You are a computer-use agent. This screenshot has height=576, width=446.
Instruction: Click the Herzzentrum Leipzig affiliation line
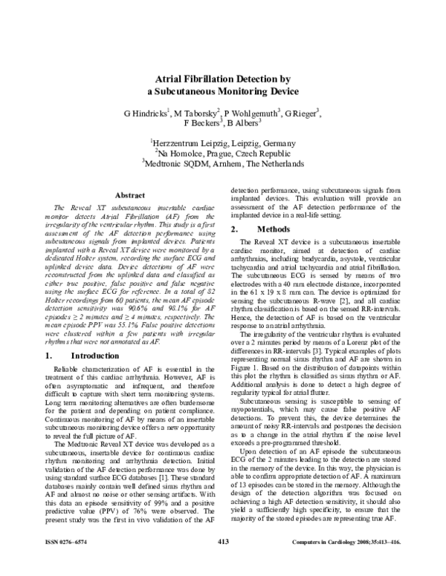222,143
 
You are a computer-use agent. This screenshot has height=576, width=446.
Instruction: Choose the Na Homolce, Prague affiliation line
222,153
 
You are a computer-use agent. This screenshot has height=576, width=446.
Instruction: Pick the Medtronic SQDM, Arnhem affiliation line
222,163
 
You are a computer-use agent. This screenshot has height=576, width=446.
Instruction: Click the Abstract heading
119,194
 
